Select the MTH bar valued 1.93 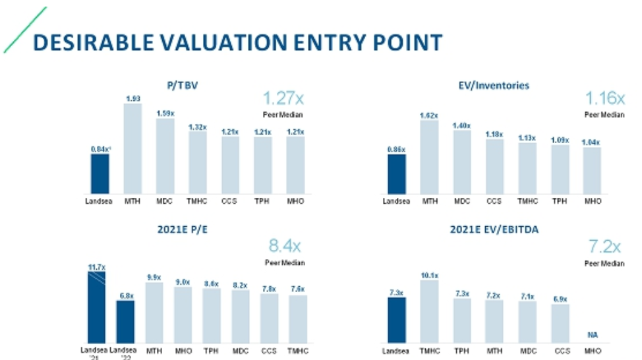[132, 148]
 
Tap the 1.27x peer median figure [283, 100]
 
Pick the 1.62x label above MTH [429, 115]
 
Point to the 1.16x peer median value [604, 100]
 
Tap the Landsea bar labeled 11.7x [96, 307]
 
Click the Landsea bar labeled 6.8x [125, 321]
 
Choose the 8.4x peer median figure [284, 247]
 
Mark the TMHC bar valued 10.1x [429, 311]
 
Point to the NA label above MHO [593, 335]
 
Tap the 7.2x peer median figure [604, 247]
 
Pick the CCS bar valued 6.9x [560, 323]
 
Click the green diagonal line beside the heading [24, 30]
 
